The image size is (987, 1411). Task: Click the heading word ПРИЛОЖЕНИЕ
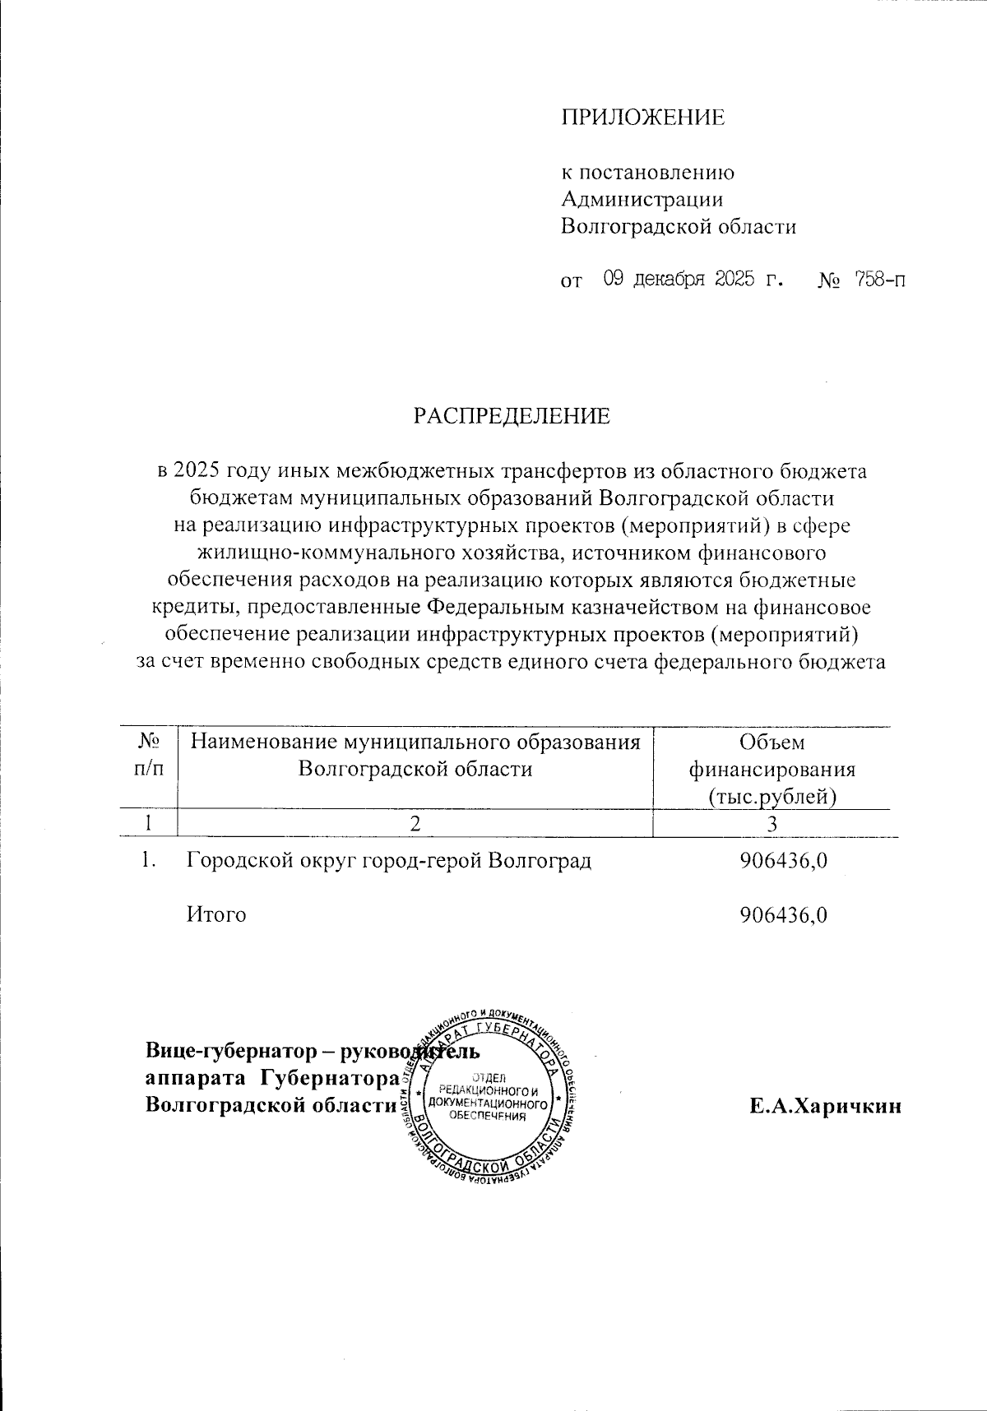point(643,118)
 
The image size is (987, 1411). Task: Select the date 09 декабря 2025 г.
point(692,280)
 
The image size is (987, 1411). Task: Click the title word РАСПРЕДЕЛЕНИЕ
point(512,416)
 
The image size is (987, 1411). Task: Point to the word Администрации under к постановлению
point(642,199)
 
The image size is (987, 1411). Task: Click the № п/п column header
point(147,756)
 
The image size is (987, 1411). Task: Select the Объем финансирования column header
point(772,770)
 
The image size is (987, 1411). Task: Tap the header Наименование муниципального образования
point(415,743)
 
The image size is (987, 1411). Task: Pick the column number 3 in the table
point(772,823)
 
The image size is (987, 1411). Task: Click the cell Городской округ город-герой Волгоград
point(389,861)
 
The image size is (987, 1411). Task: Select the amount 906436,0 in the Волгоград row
point(783,861)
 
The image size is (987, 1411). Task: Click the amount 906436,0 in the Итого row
point(783,914)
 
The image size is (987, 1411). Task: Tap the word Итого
point(216,914)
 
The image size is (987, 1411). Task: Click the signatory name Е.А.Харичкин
point(825,1106)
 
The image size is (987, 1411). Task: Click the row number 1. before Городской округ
point(147,861)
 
